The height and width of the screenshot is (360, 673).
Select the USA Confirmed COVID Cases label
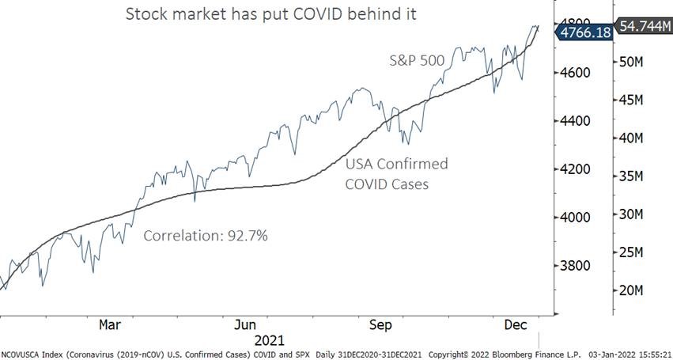pyautogui.click(x=395, y=173)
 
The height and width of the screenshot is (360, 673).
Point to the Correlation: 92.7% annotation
pyautogui.click(x=206, y=236)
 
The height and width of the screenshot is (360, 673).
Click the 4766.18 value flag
pyautogui.click(x=584, y=32)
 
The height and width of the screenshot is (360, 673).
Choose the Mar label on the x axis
pyautogui.click(x=110, y=325)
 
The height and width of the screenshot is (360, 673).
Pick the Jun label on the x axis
pyautogui.click(x=246, y=325)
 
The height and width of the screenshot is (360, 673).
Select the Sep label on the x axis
pyautogui.click(x=382, y=325)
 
